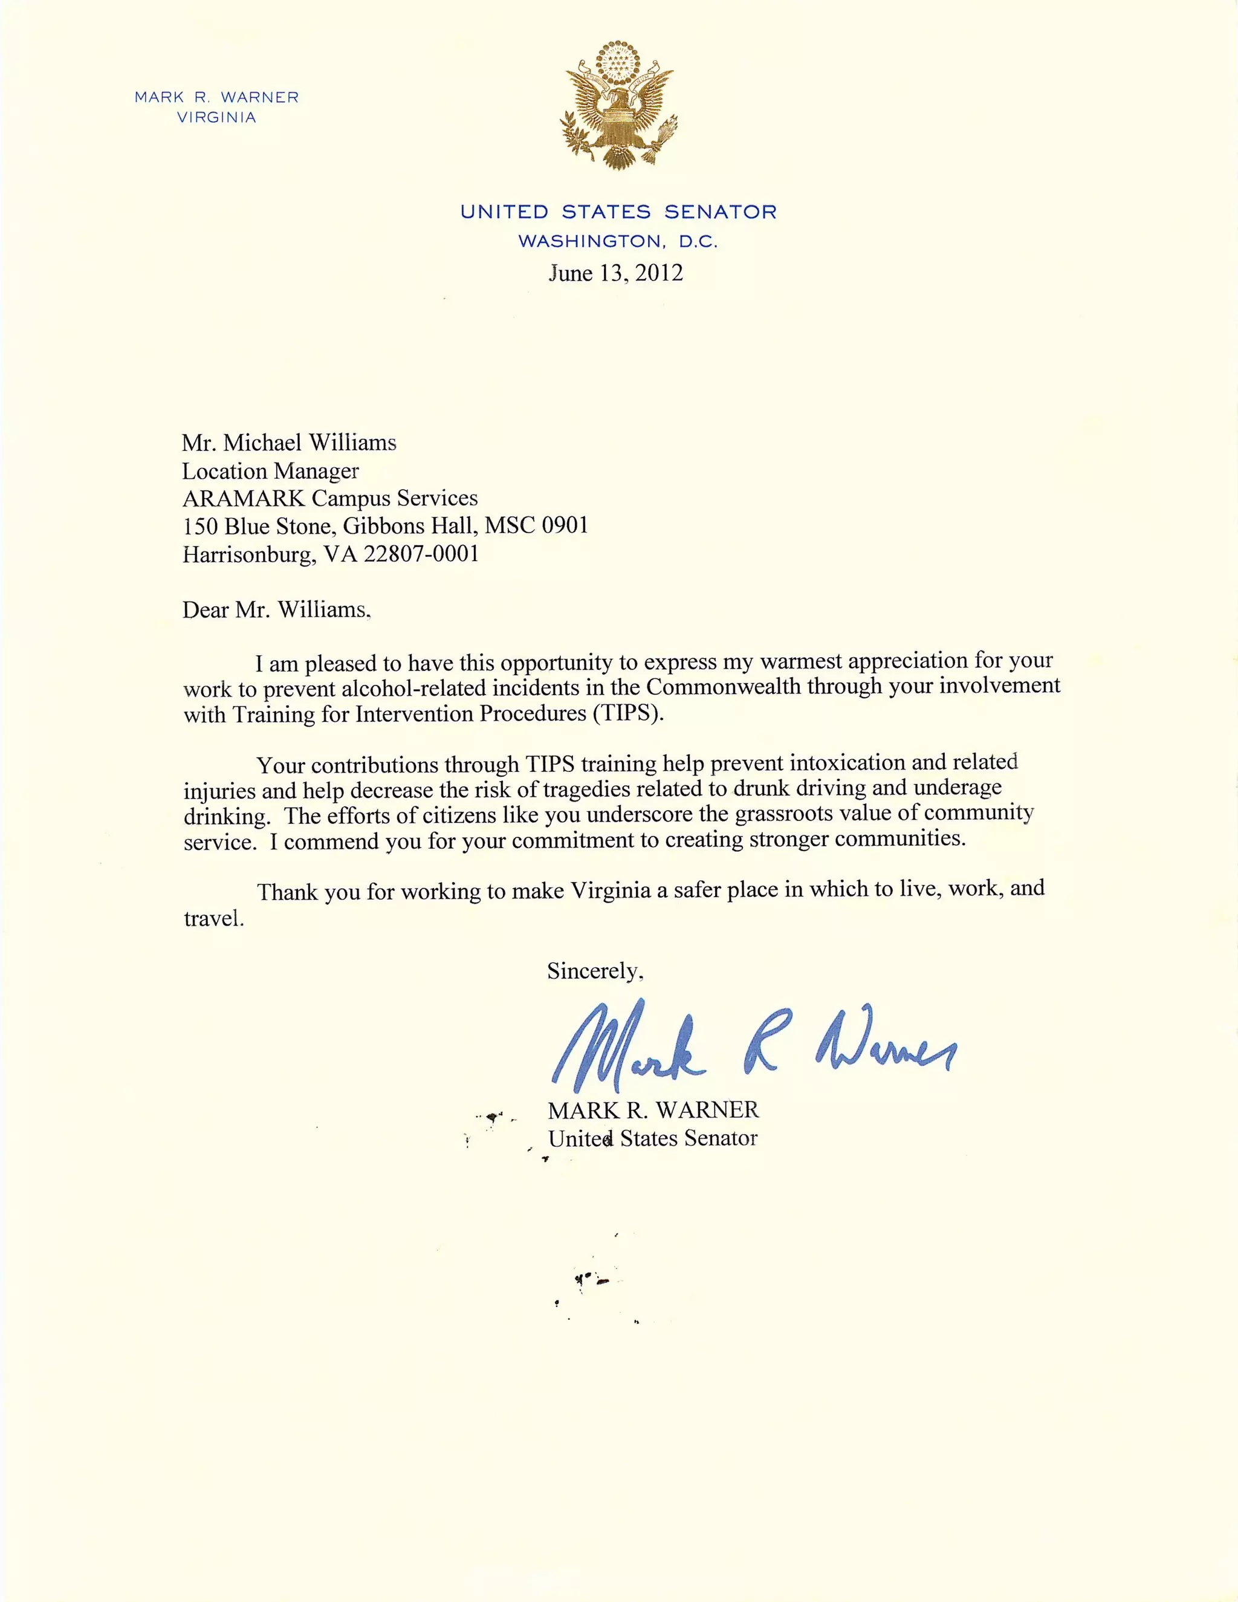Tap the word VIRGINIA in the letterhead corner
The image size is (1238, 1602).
coord(216,117)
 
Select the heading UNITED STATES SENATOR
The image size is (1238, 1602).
coord(618,212)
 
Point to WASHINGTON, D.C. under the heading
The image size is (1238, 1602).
coord(618,241)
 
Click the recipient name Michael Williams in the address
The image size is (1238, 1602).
coord(309,443)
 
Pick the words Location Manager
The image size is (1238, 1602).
coord(271,470)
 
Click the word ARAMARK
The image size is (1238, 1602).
coord(244,498)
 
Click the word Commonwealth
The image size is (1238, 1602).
coord(723,687)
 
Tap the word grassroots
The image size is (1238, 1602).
coord(784,814)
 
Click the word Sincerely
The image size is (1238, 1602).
coord(594,971)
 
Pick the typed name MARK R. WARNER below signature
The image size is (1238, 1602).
coord(653,1110)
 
